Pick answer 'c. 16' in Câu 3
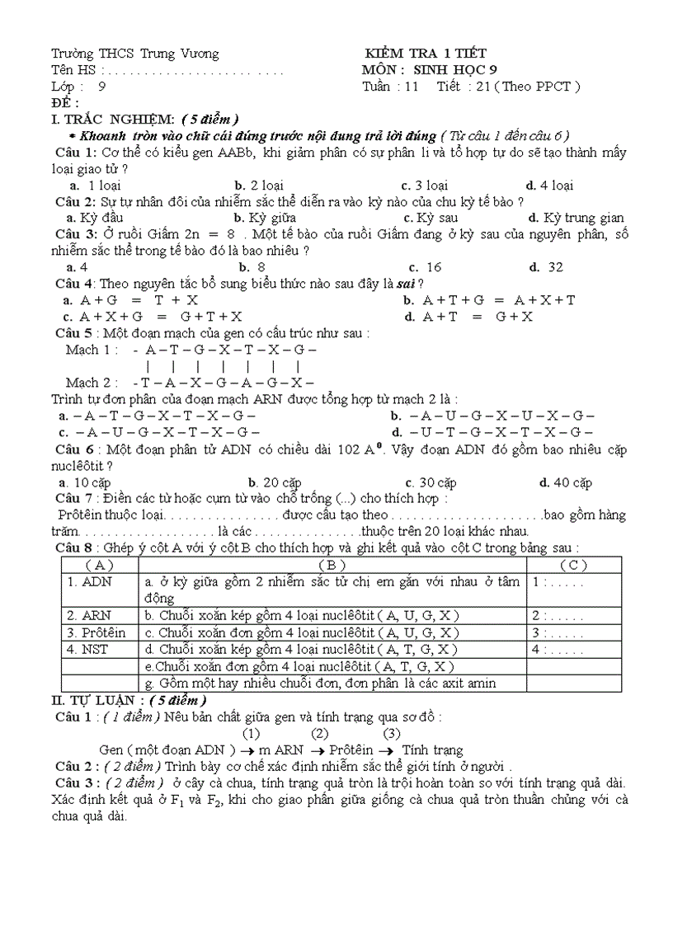tap(425, 266)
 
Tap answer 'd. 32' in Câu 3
tap(546, 266)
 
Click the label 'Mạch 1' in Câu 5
tap(92, 350)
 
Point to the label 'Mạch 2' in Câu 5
tap(93, 383)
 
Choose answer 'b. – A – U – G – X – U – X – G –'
tap(492, 416)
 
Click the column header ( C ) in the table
tap(573, 565)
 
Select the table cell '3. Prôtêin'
tap(96, 632)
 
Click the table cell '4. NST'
tap(88, 649)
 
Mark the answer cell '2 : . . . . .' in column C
tap(558, 615)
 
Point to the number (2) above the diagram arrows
tap(320, 733)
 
